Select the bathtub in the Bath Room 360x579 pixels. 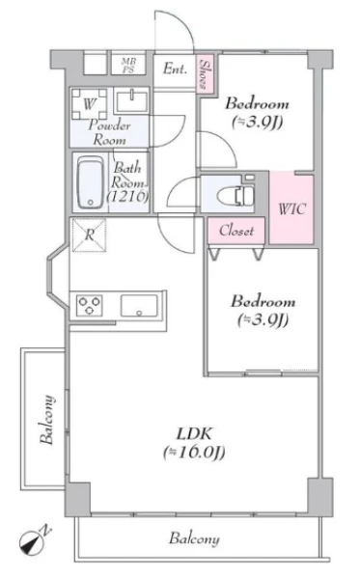(91, 182)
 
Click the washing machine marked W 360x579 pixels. (90, 104)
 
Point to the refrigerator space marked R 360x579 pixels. (90, 235)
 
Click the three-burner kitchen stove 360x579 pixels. (90, 306)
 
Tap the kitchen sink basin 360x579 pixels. (139, 306)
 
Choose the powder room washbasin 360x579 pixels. (131, 100)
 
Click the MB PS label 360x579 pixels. (128, 66)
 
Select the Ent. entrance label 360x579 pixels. (175, 69)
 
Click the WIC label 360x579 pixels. (291, 209)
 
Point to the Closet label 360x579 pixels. (236, 231)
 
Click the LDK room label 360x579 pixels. (194, 433)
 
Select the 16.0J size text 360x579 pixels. (194, 452)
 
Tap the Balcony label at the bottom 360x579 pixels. (194, 538)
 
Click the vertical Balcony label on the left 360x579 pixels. (47, 420)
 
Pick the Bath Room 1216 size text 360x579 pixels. (128, 196)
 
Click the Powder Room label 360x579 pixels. (109, 132)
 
